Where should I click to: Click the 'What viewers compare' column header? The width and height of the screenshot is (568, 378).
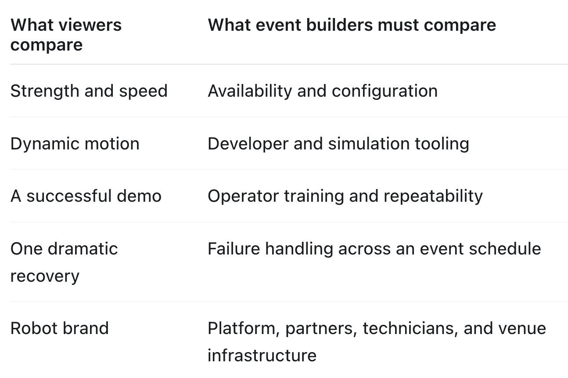[x=66, y=35]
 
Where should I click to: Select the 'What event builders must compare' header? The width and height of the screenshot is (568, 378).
[x=352, y=25]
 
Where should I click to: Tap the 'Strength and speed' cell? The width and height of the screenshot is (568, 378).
[x=89, y=91]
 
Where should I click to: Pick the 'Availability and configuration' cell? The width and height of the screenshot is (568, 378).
[x=323, y=91]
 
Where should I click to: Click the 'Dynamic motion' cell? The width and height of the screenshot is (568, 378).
[x=75, y=144]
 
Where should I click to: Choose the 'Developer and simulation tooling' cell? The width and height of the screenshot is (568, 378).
[x=338, y=144]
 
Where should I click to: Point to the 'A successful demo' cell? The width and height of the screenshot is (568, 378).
[x=86, y=196]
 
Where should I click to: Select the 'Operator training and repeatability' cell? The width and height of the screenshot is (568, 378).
[x=345, y=196]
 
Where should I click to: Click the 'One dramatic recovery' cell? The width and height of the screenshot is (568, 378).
[x=64, y=262]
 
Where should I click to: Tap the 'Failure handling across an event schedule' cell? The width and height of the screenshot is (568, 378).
[x=374, y=248]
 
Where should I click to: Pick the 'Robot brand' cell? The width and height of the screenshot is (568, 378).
[x=59, y=328]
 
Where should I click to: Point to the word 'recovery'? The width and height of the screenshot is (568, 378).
[x=45, y=276]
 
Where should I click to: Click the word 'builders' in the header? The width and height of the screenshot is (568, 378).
[x=340, y=25]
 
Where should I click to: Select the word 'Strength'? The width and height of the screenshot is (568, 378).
[x=45, y=91]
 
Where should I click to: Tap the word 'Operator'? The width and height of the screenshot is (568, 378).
[x=243, y=196]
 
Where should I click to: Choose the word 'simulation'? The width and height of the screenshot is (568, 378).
[x=369, y=144]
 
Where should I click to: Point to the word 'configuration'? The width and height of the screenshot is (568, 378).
[x=385, y=91]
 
